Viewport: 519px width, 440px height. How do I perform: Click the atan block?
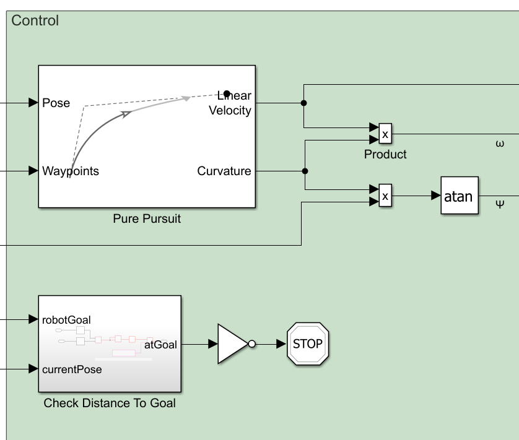tap(460, 196)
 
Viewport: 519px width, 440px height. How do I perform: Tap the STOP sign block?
tap(308, 343)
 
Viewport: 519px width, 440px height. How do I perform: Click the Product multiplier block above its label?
tap(385, 133)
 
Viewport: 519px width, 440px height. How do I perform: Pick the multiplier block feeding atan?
tap(385, 196)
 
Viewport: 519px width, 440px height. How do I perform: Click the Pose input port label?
tap(56, 103)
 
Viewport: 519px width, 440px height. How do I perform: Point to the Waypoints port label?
tap(71, 171)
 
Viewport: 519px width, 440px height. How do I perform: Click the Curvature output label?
tap(224, 171)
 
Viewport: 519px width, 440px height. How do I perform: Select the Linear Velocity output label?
tap(230, 103)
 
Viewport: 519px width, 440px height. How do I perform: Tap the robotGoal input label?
tap(66, 320)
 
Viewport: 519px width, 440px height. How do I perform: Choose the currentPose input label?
tap(72, 369)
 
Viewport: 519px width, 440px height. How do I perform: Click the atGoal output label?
tap(161, 345)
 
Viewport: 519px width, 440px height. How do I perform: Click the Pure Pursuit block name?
tap(147, 218)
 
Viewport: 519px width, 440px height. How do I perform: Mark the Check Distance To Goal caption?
tap(110, 403)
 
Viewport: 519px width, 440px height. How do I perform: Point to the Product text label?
tap(385, 154)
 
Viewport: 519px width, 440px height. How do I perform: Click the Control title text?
tap(35, 20)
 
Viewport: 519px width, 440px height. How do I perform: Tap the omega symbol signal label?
tap(500, 144)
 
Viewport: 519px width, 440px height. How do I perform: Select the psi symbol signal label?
tap(500, 202)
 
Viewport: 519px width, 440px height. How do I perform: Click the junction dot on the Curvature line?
tap(304, 171)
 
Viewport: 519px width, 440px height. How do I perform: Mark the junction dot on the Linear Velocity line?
tap(303, 103)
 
